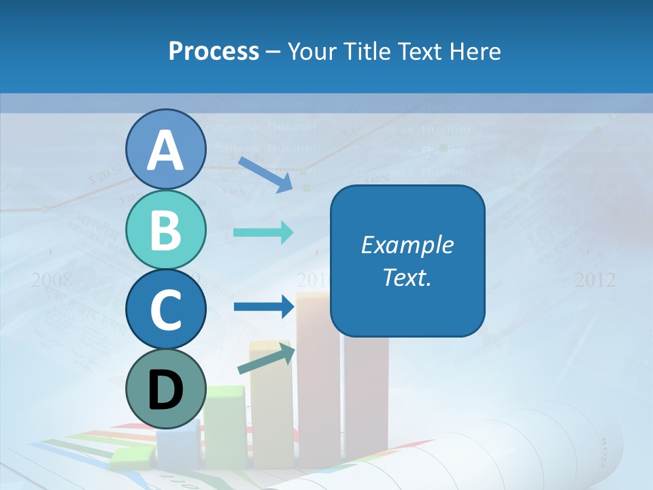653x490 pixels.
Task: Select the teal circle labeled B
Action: pyautogui.click(x=166, y=230)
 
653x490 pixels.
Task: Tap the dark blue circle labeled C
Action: pyautogui.click(x=166, y=310)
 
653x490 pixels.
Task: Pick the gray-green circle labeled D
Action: pyautogui.click(x=166, y=389)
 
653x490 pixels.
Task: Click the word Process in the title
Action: pyautogui.click(x=214, y=51)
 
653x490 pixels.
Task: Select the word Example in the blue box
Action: pyautogui.click(x=407, y=245)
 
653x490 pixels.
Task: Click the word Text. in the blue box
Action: pyautogui.click(x=407, y=277)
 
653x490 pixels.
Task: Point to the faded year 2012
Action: pyautogui.click(x=595, y=280)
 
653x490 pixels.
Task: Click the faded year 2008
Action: pyautogui.click(x=52, y=280)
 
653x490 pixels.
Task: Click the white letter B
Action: pyautogui.click(x=166, y=230)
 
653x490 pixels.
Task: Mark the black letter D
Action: pyautogui.click(x=166, y=390)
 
